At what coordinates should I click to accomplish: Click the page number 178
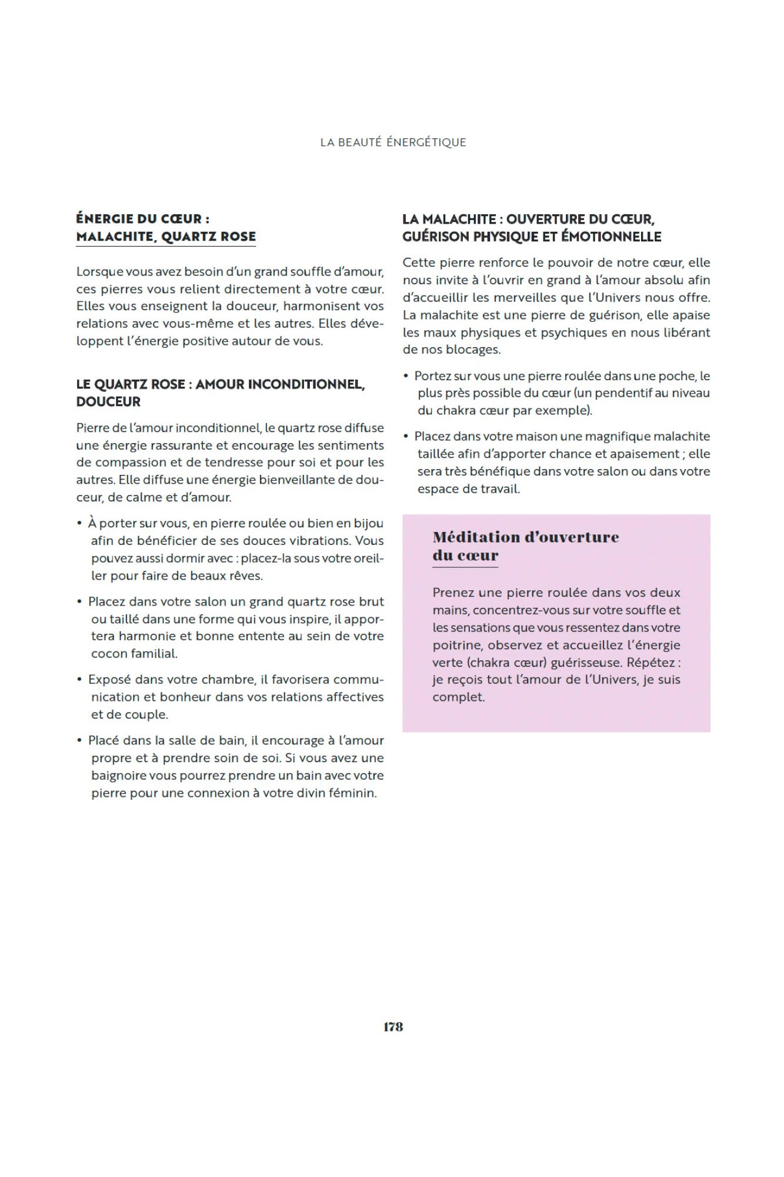[393, 1027]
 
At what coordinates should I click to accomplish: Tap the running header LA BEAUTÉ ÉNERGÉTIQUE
[393, 142]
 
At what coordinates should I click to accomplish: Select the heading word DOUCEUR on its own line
[108, 403]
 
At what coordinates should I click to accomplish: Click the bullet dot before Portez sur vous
[406, 376]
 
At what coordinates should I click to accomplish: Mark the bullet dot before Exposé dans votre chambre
[79, 680]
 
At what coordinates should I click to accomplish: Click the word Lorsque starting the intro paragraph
[99, 272]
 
